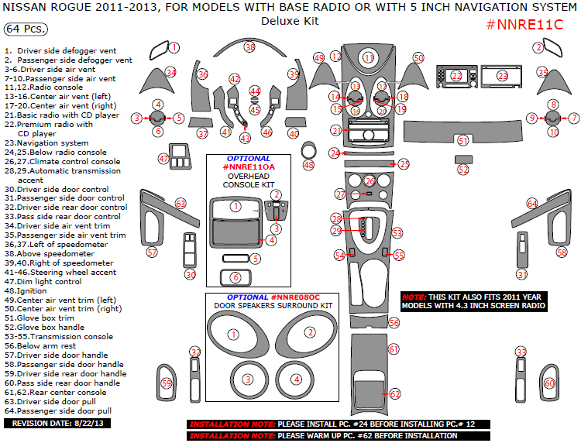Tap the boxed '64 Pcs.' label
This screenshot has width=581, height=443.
coord(26,29)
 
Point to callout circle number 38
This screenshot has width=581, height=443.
coord(249,47)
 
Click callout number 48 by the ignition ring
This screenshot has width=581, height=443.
coord(309,164)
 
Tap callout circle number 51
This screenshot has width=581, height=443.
coord(463,141)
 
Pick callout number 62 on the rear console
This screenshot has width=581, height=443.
coord(394,394)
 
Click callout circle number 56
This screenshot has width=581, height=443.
coord(394,322)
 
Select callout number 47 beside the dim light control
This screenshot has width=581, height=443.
coord(163,158)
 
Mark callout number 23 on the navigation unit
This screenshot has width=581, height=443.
coord(502,76)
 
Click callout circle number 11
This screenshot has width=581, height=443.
coord(369,57)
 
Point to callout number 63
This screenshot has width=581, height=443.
coord(180,203)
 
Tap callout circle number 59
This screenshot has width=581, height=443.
coord(166,383)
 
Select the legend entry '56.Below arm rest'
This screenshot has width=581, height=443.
coord(39,345)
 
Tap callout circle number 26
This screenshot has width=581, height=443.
coord(370,180)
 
